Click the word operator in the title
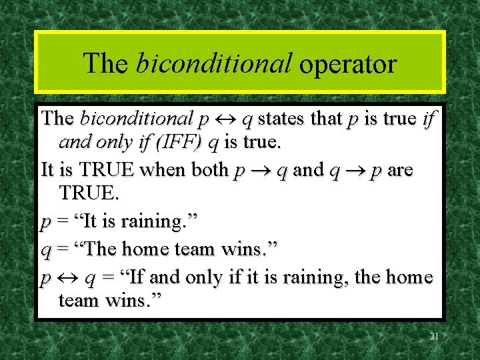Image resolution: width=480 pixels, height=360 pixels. [x=348, y=63]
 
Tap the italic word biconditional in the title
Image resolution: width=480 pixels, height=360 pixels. [x=213, y=63]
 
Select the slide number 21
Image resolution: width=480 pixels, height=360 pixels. [x=434, y=337]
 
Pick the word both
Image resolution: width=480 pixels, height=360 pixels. [x=209, y=171]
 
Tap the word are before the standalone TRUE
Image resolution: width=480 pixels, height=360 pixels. [x=400, y=171]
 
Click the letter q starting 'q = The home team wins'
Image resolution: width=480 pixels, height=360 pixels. [x=45, y=251]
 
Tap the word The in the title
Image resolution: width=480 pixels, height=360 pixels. [x=105, y=63]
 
